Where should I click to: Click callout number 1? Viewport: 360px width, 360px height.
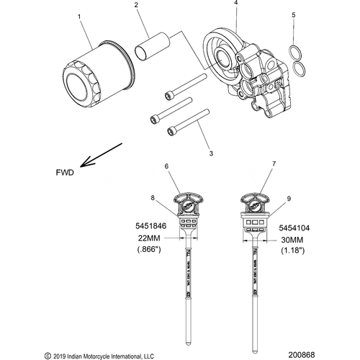click(79, 15)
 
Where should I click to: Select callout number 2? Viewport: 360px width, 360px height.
click(135, 6)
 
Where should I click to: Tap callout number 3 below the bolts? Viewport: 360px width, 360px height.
click(210, 153)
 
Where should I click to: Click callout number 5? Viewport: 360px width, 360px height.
click(292, 14)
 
